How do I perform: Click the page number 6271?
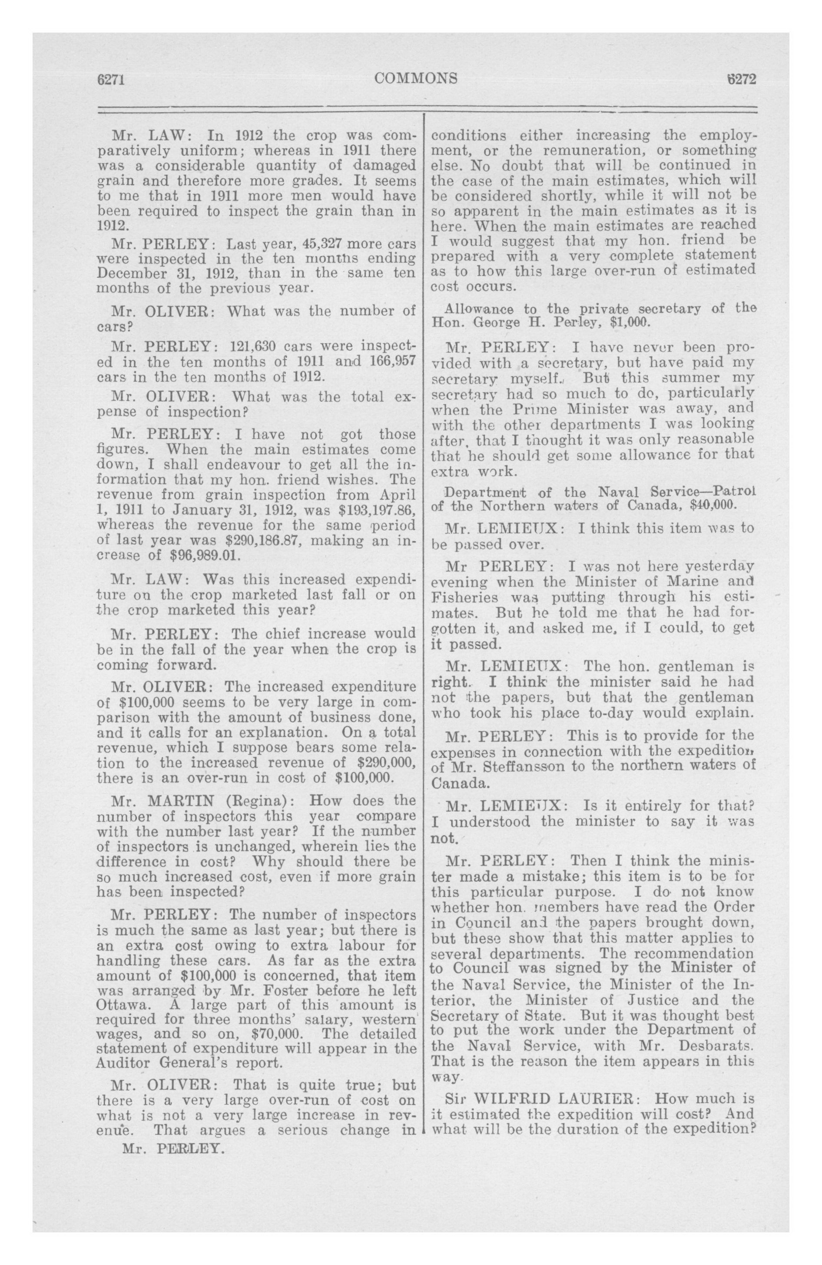coord(110,79)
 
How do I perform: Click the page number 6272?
coord(741,79)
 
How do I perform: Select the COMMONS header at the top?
coord(416,79)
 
